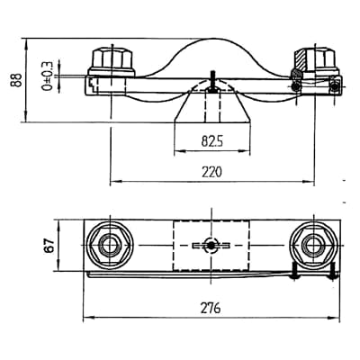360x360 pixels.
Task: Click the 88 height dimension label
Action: coord(16,80)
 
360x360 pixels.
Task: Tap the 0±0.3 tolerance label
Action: coord(48,76)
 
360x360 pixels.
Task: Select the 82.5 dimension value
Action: coord(212,141)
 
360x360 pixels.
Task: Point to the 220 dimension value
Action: coord(211,172)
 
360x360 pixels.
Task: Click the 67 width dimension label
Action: coord(50,245)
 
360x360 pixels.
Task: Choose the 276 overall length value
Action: coord(211,308)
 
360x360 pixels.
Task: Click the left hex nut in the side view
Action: coord(112,60)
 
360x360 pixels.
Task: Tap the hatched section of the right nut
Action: coord(300,59)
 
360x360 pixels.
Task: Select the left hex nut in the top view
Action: coord(110,246)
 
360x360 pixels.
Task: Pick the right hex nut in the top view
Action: coord(314,246)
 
